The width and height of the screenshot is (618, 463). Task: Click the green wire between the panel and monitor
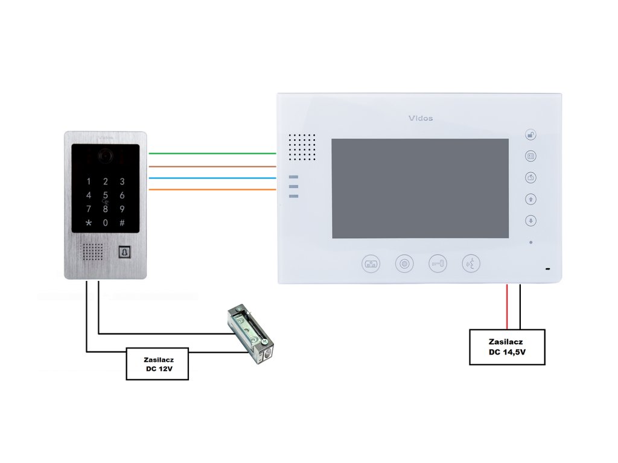pyautogui.click(x=211, y=154)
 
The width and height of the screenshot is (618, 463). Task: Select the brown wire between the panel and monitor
pyautogui.click(x=211, y=166)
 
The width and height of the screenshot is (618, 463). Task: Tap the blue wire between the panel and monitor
pyautogui.click(x=211, y=178)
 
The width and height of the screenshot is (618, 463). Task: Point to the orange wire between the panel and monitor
pyautogui.click(x=211, y=190)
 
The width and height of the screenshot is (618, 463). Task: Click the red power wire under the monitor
pyautogui.click(x=507, y=306)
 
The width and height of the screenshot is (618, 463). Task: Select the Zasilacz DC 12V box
pyautogui.click(x=157, y=364)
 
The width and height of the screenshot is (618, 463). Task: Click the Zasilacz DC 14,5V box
pyautogui.click(x=507, y=347)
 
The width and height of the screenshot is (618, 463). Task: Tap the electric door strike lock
pyautogui.click(x=250, y=335)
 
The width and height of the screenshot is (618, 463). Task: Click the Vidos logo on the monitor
pyautogui.click(x=421, y=118)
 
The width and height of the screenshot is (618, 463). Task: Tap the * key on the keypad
pyautogui.click(x=89, y=223)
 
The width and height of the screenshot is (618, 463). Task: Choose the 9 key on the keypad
pyautogui.click(x=122, y=209)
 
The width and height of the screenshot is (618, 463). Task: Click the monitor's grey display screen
pyautogui.click(x=420, y=188)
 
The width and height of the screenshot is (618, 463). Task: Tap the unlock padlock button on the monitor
pyautogui.click(x=530, y=135)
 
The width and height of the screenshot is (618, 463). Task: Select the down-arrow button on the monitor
pyautogui.click(x=530, y=221)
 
